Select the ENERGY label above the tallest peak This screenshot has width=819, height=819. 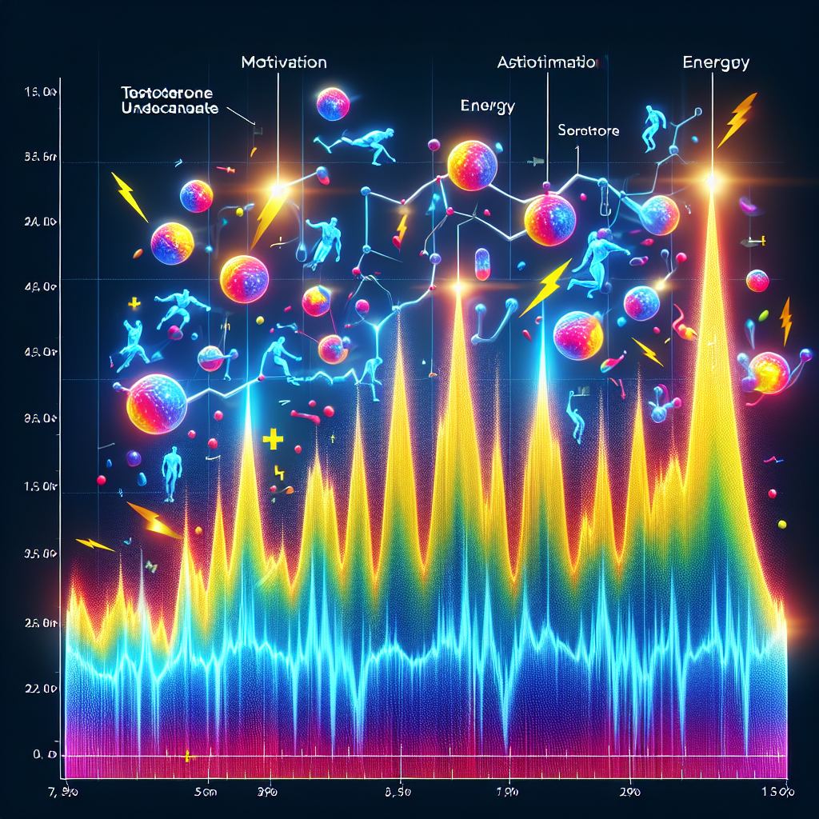[x=716, y=62]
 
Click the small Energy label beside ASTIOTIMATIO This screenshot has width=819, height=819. [x=488, y=106]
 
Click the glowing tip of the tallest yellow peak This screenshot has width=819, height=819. [x=711, y=182]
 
